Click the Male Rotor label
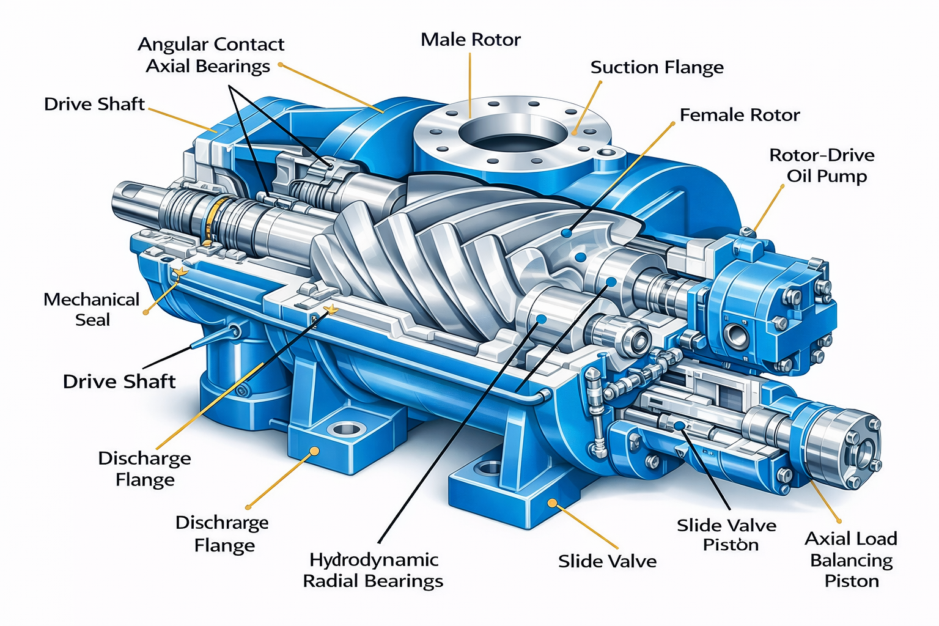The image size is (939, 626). [x=471, y=40]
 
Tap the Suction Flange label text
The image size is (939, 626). [x=657, y=67]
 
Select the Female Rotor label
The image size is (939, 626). [x=740, y=115]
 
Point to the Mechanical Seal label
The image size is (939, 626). [x=92, y=309]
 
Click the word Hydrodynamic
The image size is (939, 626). [x=374, y=560]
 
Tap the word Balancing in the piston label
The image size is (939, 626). [x=851, y=561]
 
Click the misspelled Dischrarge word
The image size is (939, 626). [x=222, y=523]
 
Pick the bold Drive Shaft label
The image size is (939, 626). [x=119, y=382]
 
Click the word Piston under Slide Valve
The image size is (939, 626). [x=731, y=545]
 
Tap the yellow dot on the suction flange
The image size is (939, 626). [x=574, y=131]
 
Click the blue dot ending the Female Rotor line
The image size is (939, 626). [x=567, y=233]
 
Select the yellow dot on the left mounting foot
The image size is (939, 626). [x=315, y=451]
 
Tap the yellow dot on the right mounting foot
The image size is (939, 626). [x=551, y=503]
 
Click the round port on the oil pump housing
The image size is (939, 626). [x=734, y=334]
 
